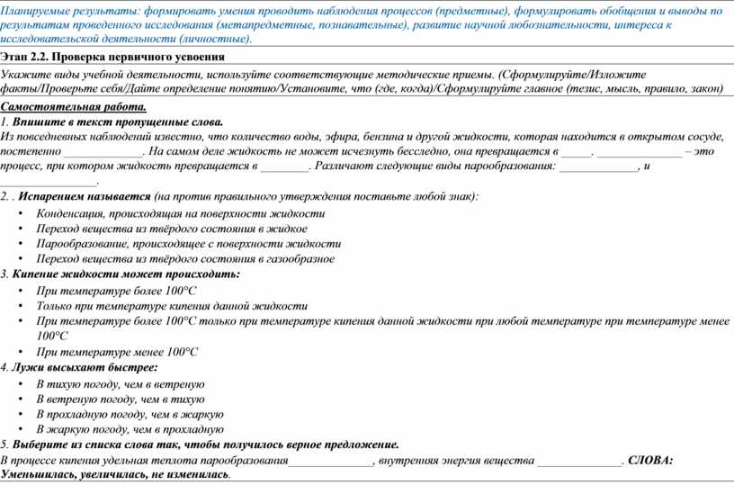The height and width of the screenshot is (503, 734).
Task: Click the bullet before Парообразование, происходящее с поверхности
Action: (x=21, y=244)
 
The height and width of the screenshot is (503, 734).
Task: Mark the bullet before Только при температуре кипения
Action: (x=21, y=306)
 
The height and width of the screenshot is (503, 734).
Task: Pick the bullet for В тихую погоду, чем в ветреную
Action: (x=21, y=384)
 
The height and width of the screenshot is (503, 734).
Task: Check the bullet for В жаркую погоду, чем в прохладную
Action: (x=21, y=429)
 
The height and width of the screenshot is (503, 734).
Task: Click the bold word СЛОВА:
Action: (x=649, y=461)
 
